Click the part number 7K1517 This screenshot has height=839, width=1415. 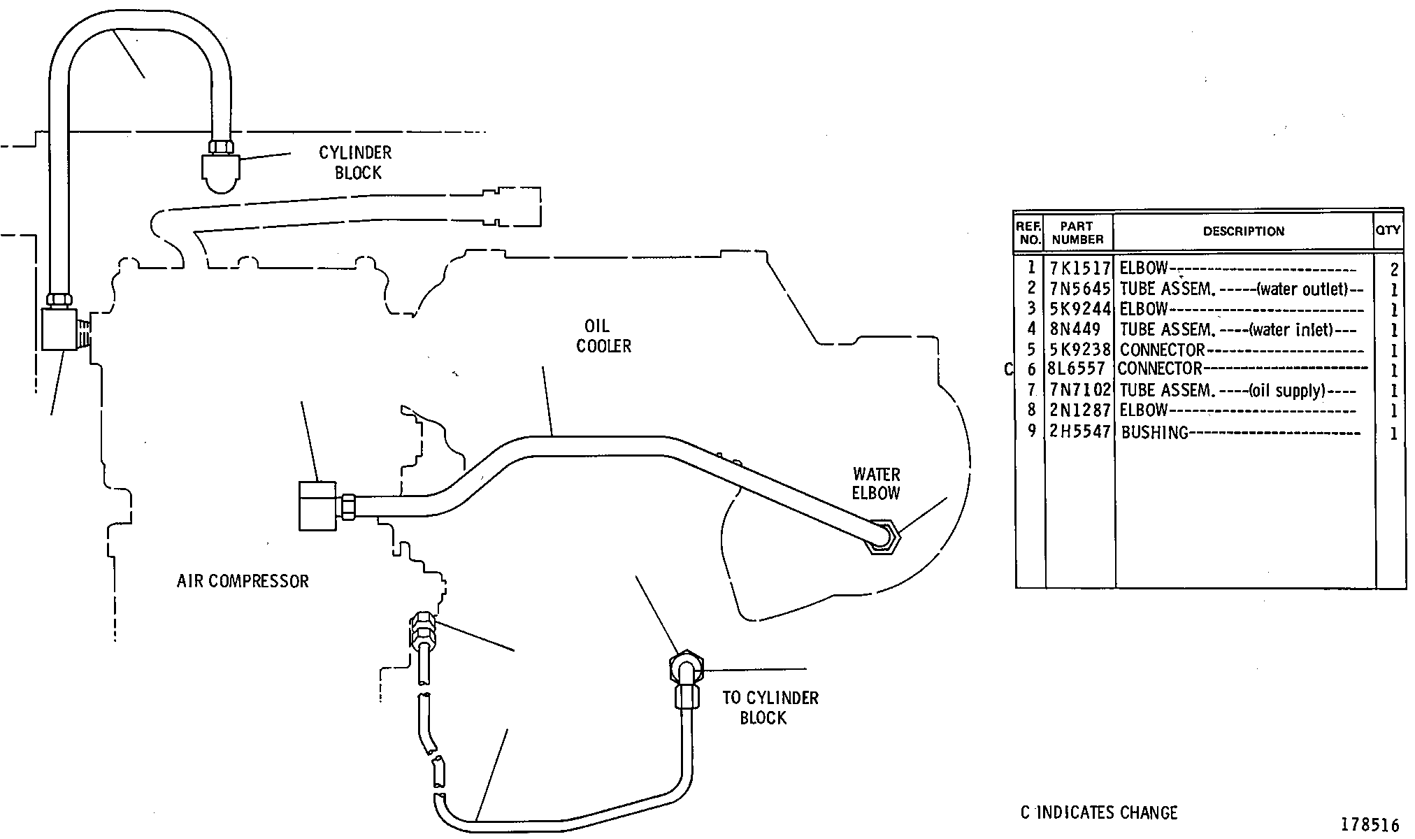click(1080, 268)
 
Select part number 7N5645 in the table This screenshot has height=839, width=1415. click(1080, 288)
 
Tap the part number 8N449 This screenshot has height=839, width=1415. click(1075, 329)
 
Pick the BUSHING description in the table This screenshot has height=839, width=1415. click(1154, 432)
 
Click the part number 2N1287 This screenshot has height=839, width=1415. click(1080, 410)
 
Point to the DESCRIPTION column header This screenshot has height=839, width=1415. click(1244, 231)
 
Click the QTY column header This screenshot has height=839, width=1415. click(1388, 229)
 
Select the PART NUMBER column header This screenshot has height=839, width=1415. click(1077, 233)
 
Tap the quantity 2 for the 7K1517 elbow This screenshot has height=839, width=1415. click(1393, 270)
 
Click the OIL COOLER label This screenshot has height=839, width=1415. click(603, 336)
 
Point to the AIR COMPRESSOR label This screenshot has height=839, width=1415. click(243, 581)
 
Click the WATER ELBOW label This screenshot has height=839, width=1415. click(876, 484)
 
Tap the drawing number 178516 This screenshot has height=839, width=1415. click(1370, 825)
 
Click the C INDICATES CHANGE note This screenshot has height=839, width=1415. click(1099, 812)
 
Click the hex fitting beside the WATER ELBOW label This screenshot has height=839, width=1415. click(882, 537)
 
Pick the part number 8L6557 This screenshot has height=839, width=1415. click(1077, 368)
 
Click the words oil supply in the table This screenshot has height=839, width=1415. click(1287, 391)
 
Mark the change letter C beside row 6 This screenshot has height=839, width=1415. click(1008, 369)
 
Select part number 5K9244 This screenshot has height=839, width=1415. click(1080, 308)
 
